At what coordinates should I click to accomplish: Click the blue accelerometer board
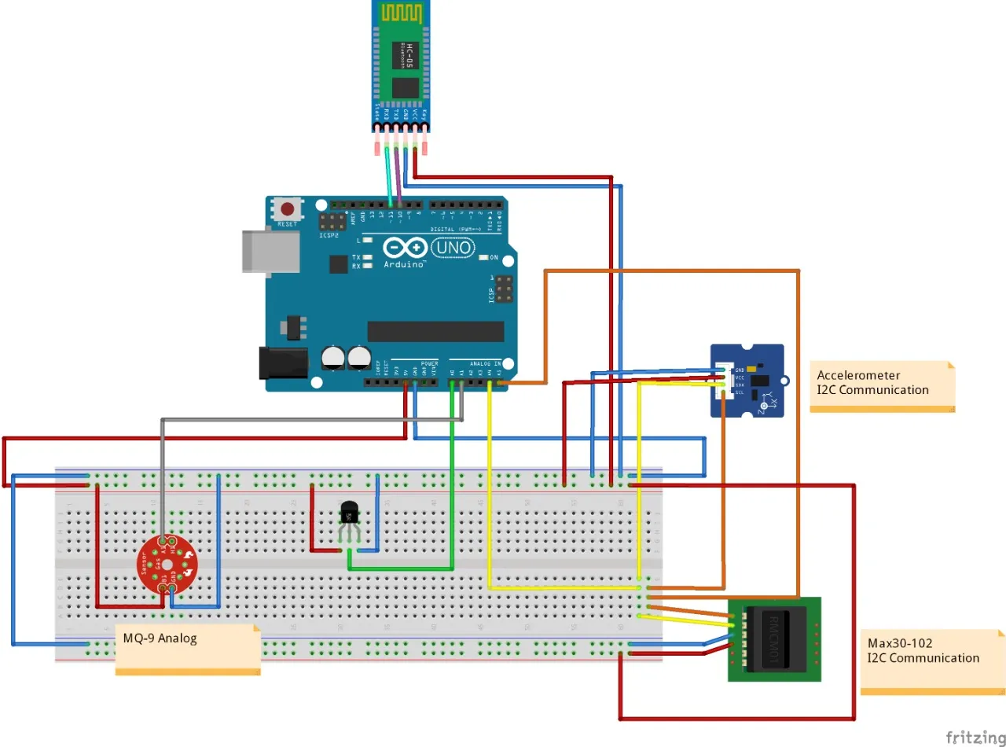click(x=747, y=381)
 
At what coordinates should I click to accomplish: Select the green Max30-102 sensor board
click(x=774, y=638)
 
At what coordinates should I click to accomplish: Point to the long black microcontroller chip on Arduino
click(x=435, y=331)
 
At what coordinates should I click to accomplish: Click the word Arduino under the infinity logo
click(x=405, y=264)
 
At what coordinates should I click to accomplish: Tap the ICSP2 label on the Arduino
click(x=329, y=234)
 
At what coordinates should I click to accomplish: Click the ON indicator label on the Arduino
click(x=493, y=258)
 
